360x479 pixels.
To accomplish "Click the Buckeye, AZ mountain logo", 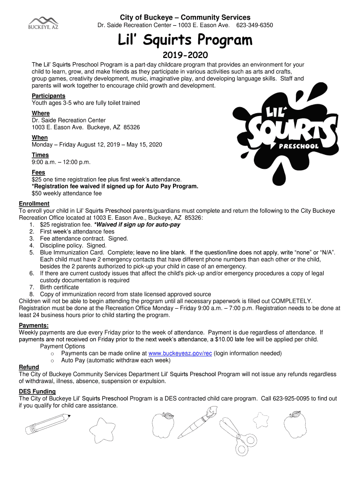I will point(43,22).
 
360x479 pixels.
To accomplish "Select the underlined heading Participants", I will point(49,96).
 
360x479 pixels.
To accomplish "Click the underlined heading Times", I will point(40,155).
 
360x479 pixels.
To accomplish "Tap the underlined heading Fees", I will point(39,173).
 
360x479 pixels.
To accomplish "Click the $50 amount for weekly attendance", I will point(36,193).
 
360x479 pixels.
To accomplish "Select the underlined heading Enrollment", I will point(34,204).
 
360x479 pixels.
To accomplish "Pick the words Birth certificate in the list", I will point(59,287).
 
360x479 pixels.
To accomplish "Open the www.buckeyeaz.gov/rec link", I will point(180,353).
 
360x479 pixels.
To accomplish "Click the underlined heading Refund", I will point(29,367).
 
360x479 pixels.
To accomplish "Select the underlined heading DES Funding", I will point(37,392).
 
